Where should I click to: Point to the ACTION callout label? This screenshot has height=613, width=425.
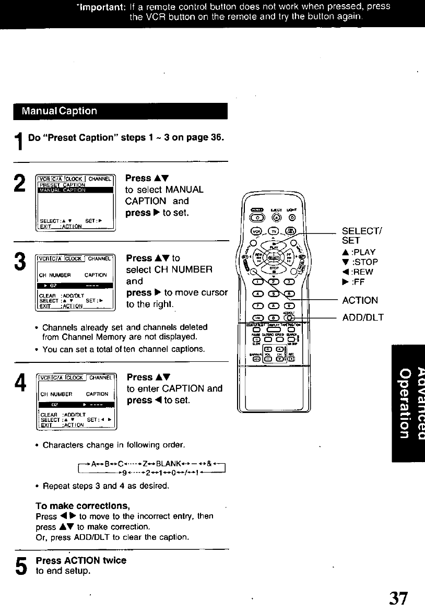point(360,300)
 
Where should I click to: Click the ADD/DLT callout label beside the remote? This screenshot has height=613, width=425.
point(363,317)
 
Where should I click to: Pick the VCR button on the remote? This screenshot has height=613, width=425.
point(257,231)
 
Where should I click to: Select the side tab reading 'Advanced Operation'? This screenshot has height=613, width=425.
point(408,402)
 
